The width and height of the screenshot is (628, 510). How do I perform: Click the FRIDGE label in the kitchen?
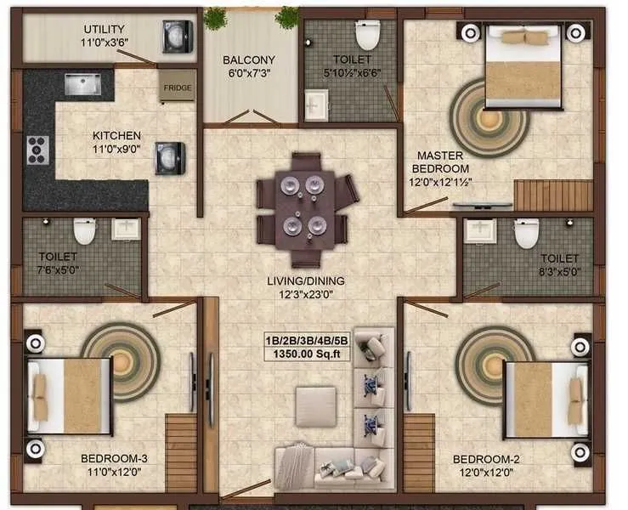(177, 87)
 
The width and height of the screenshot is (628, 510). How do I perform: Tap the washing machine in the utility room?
(177, 37)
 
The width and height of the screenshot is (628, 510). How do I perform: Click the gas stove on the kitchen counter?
(37, 150)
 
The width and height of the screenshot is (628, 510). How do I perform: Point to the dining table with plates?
(306, 207)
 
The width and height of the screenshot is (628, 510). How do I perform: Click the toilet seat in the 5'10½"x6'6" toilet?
(367, 35)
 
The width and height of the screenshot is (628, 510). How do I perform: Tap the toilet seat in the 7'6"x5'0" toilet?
(84, 231)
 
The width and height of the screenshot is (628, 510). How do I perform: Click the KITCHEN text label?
(116, 136)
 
